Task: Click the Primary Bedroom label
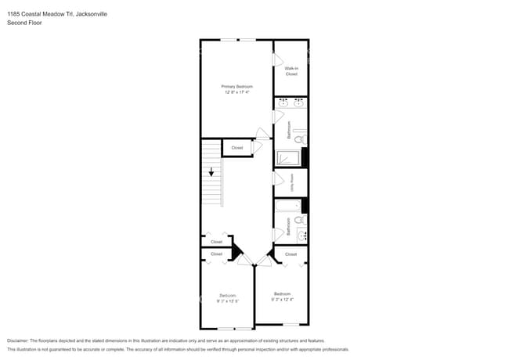(236, 86)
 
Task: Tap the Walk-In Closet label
(291, 71)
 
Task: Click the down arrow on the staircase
(211, 174)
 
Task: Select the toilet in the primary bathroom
(298, 139)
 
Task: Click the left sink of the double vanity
(283, 102)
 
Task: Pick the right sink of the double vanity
(299, 102)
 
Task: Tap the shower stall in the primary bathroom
(287, 157)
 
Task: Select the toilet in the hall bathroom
(299, 221)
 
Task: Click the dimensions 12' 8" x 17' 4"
(236, 92)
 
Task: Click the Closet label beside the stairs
(236, 147)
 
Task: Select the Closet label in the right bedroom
(291, 254)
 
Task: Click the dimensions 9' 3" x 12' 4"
(282, 299)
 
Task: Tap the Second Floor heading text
(23, 23)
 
